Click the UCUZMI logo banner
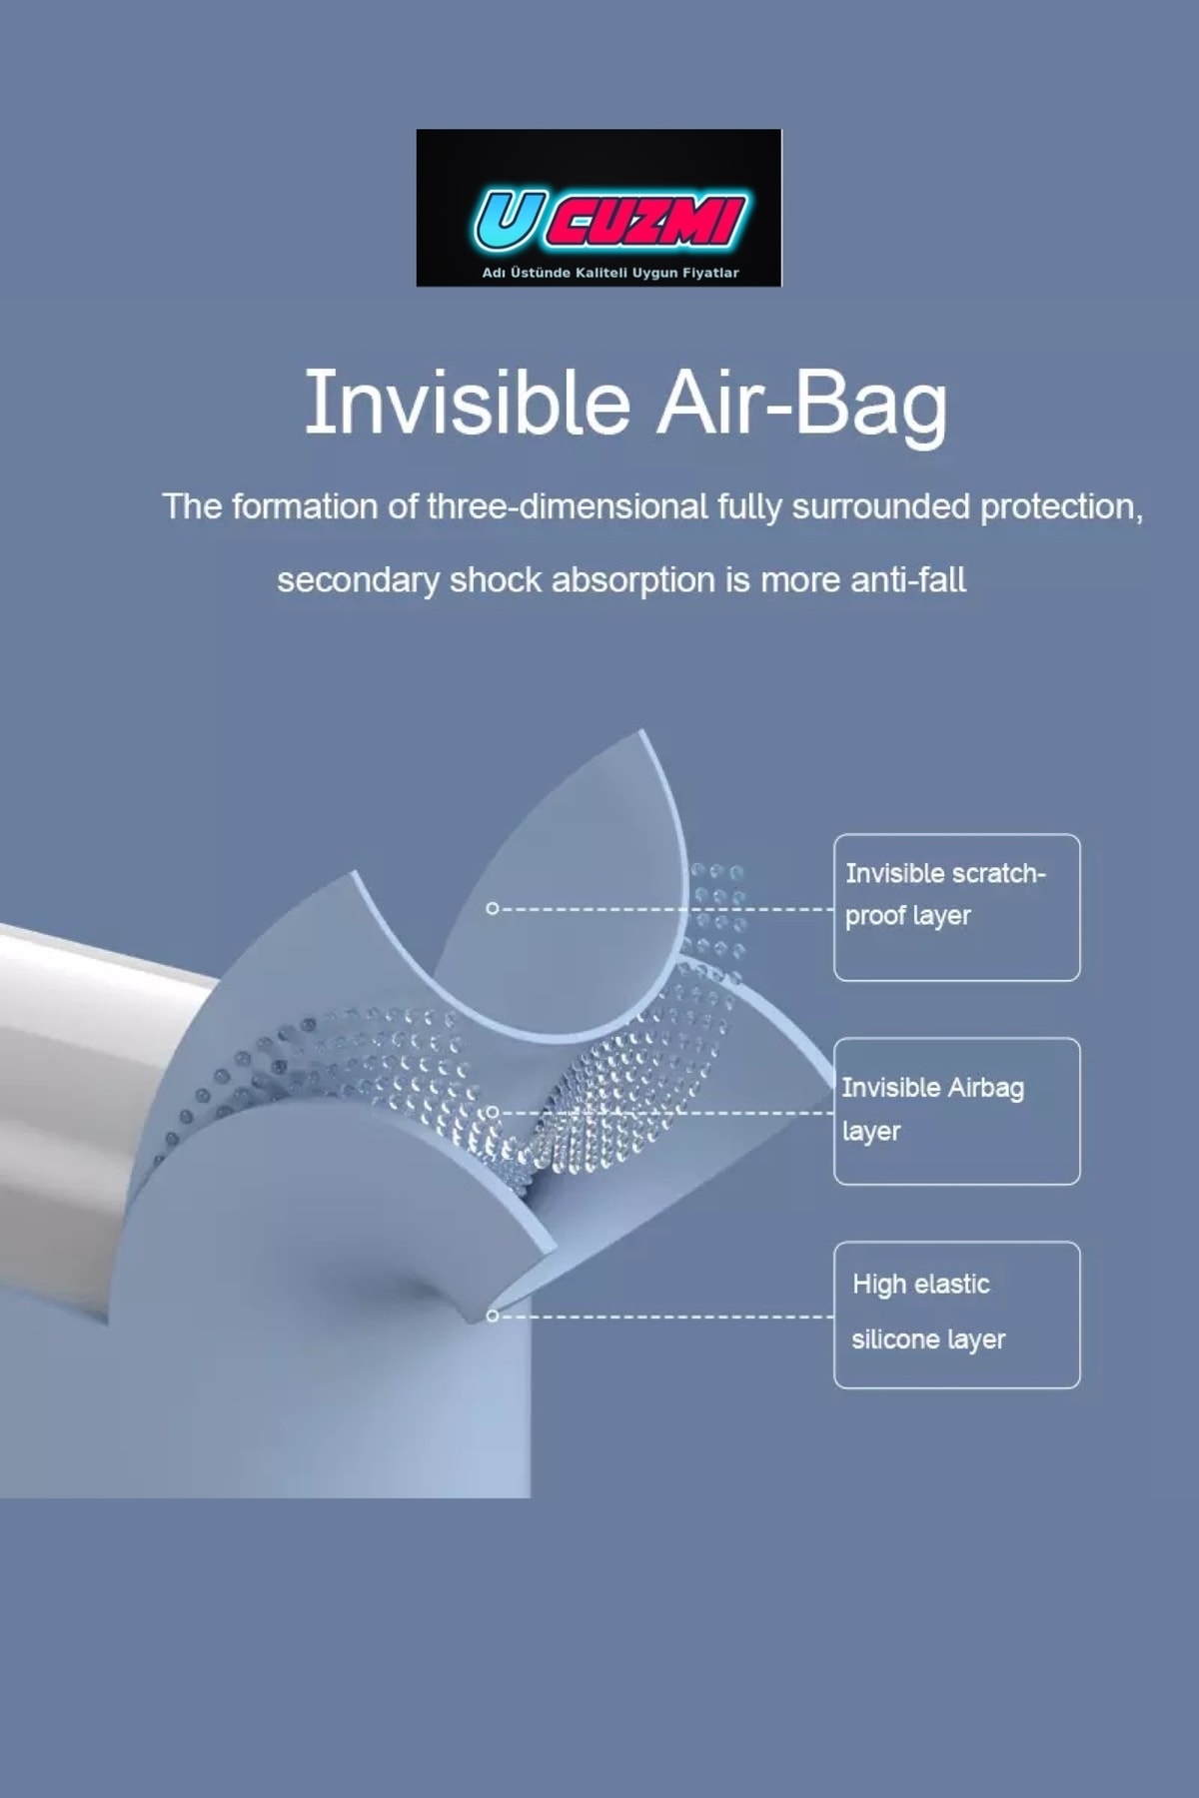(599, 208)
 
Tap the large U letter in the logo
(506, 221)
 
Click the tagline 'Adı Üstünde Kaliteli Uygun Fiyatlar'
(610, 273)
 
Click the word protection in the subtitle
(1061, 506)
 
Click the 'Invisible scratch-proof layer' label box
(956, 907)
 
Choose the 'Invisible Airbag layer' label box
(956, 1111)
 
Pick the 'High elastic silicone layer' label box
(956, 1315)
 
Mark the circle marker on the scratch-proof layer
(492, 909)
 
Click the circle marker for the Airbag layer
(492, 1112)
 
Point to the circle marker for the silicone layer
(492, 1316)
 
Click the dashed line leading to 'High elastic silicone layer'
(665, 1317)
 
